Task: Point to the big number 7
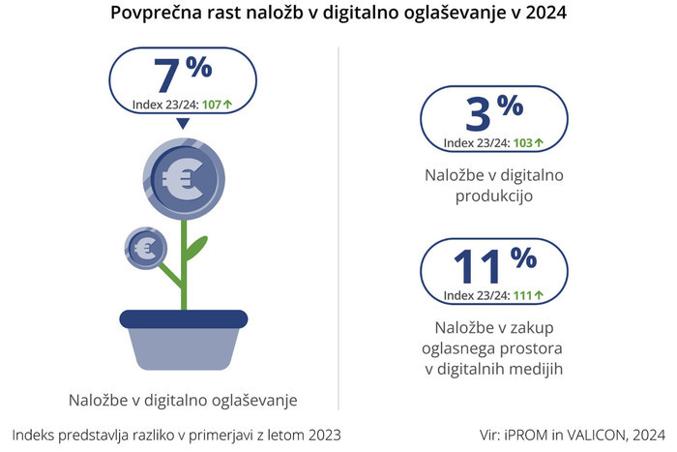click(x=167, y=75)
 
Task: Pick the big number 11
click(x=476, y=267)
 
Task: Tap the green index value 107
click(x=213, y=103)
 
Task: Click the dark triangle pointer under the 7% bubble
click(x=181, y=124)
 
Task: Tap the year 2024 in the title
click(x=545, y=15)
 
